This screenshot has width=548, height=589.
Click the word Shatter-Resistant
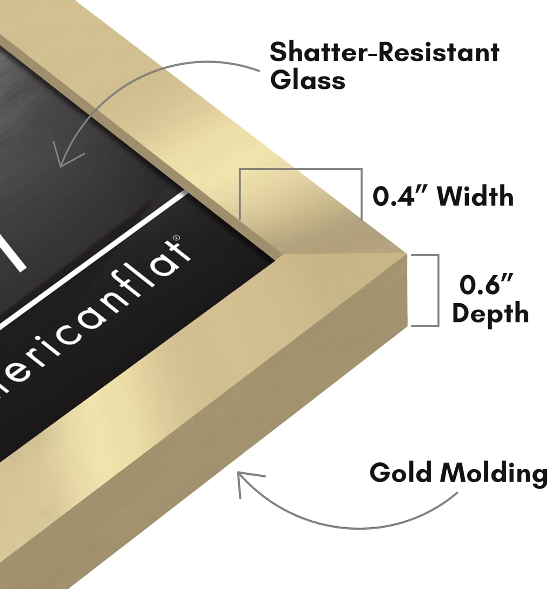(x=385, y=52)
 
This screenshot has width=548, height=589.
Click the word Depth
(x=490, y=313)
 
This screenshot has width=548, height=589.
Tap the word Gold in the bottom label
(x=401, y=472)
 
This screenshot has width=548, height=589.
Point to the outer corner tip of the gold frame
(x=406, y=254)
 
